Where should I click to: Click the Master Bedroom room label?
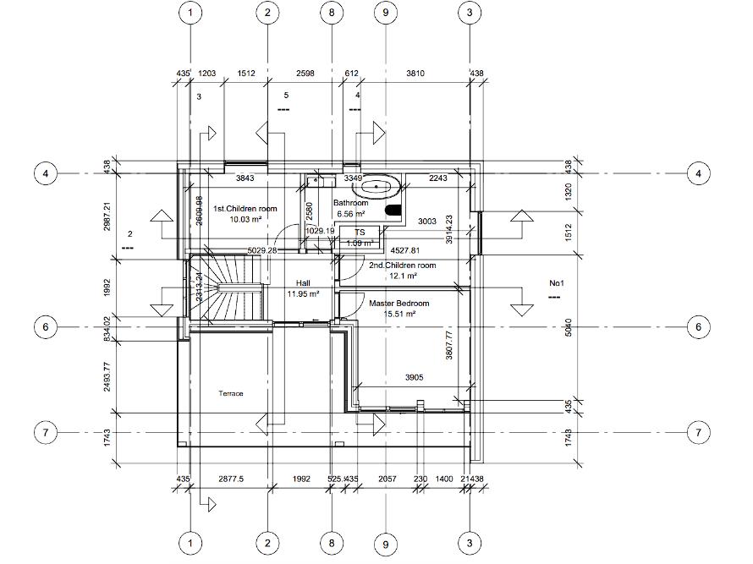click(398, 304)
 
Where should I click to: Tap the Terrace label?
click(231, 394)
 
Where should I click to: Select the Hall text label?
click(303, 284)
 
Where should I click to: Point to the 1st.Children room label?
click(245, 208)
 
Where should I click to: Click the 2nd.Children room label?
click(402, 266)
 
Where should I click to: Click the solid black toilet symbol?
click(393, 210)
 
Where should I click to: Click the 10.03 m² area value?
click(245, 219)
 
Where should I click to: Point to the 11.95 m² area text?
click(303, 294)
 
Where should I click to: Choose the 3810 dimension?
click(415, 74)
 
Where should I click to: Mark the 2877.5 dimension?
click(230, 479)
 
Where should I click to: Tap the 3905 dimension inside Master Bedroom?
click(413, 377)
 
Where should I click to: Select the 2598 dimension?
click(306, 74)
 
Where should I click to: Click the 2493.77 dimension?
click(107, 378)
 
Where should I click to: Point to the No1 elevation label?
click(556, 283)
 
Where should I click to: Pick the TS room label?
click(360, 232)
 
